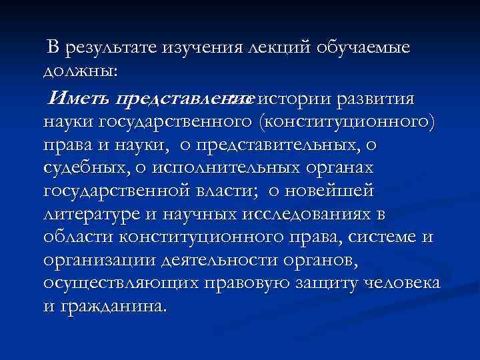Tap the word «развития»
pyautogui.click(x=378, y=100)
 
